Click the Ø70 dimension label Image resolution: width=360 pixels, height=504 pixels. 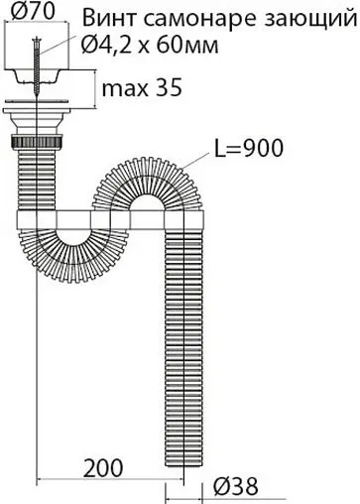tap(33, 11)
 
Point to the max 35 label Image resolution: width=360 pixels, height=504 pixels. tap(142, 88)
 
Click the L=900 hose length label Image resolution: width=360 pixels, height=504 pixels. tap(249, 149)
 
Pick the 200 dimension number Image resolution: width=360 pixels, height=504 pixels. tap(103, 468)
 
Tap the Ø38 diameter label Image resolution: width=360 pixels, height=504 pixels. tap(236, 486)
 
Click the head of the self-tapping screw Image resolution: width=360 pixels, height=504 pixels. tap(36, 41)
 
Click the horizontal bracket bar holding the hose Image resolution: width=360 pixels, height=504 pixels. tap(110, 220)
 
